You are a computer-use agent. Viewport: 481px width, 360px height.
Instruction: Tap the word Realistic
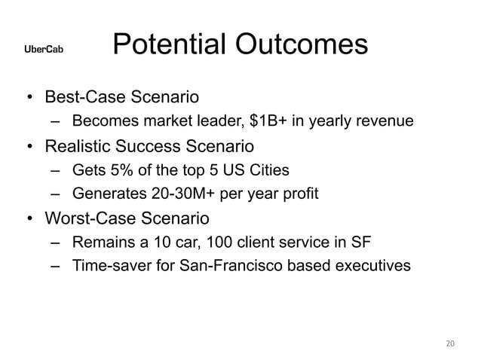[80, 144]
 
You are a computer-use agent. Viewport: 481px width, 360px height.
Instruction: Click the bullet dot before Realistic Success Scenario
[28, 145]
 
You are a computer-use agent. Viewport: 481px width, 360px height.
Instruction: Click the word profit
[300, 193]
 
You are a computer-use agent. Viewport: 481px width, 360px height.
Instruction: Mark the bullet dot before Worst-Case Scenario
[28, 219]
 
